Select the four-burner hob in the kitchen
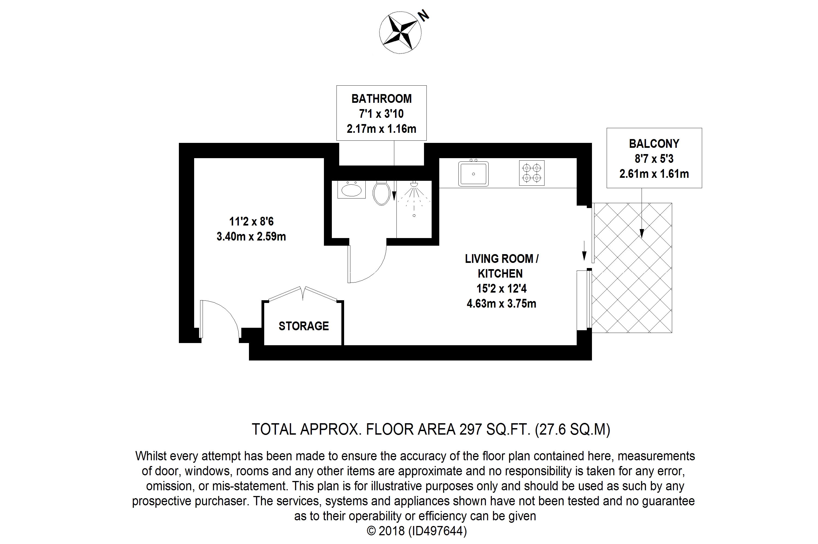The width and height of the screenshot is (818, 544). (x=531, y=173)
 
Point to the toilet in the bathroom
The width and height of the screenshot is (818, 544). (x=381, y=194)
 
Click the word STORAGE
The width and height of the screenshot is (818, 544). (x=303, y=326)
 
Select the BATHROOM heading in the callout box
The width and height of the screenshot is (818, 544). (x=381, y=99)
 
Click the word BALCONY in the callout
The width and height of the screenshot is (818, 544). (x=654, y=144)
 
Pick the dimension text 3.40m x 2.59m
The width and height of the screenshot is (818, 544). (x=251, y=237)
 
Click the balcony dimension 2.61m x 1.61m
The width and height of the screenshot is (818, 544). (x=654, y=174)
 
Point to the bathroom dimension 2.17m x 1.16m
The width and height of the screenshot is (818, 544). (x=381, y=129)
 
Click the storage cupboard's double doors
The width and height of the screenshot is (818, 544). (x=302, y=293)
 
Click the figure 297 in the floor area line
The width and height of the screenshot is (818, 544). (x=471, y=429)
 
